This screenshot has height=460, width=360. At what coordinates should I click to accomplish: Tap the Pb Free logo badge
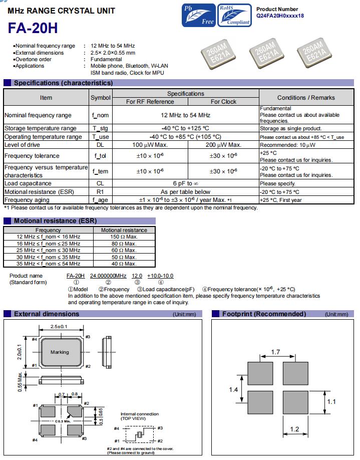199,15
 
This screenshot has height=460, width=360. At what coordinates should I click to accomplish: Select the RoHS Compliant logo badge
234,15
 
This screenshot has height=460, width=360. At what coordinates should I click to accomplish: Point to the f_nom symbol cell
101,115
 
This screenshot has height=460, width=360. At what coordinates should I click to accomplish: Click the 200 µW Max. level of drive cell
223,145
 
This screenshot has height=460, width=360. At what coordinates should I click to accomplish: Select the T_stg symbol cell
101,128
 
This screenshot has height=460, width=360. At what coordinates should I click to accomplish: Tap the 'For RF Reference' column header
150,101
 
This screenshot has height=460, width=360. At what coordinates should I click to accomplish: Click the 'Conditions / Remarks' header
305,97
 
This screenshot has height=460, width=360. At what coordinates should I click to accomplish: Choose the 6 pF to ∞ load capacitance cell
186,183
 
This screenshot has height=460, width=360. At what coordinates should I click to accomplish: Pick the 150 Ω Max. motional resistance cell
124,237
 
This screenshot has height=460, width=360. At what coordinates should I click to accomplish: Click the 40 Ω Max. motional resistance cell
124,264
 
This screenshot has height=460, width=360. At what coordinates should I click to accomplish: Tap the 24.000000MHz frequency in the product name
108,276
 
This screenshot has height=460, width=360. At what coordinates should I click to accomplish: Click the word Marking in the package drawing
60,352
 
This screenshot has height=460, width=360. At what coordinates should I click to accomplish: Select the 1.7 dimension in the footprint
275,352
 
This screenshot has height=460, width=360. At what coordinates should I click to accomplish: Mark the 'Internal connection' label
139,414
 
